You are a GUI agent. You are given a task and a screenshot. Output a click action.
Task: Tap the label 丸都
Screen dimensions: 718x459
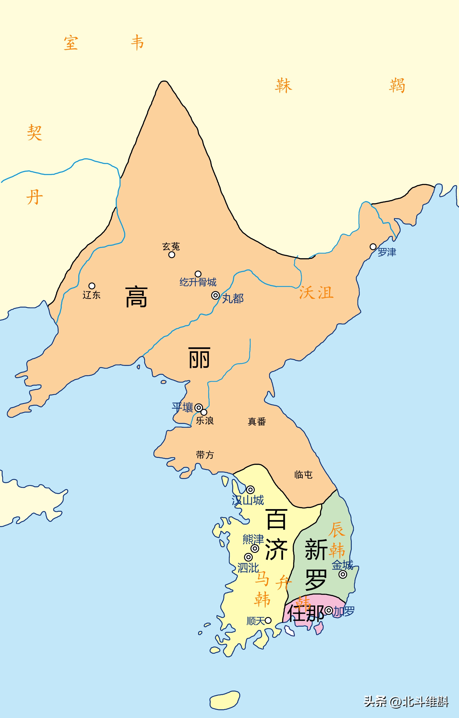pos(233,298)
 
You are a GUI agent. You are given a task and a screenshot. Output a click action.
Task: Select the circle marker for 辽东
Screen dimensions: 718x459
pos(92,286)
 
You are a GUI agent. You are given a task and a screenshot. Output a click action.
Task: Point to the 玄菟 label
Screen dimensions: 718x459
pos(171,247)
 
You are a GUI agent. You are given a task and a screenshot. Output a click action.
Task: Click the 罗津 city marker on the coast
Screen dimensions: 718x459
pos(373,247)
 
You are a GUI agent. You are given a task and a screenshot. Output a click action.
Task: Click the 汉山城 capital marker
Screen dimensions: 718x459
pos(250,490)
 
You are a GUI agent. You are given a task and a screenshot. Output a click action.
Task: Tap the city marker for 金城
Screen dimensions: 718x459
pos(343,574)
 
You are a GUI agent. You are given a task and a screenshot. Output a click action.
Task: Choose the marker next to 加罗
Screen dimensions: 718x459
pos(329,610)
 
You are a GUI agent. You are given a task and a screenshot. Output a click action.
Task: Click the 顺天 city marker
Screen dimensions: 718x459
pos(268,620)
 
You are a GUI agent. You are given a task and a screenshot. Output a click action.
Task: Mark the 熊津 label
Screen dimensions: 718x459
pos(253,539)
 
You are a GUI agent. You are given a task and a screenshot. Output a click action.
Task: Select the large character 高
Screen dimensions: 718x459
pos(136,297)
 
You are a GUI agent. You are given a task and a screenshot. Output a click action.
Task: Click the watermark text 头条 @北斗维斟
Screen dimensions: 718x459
pos(406,701)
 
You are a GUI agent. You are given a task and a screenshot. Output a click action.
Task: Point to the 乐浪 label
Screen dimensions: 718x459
pos(205,421)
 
